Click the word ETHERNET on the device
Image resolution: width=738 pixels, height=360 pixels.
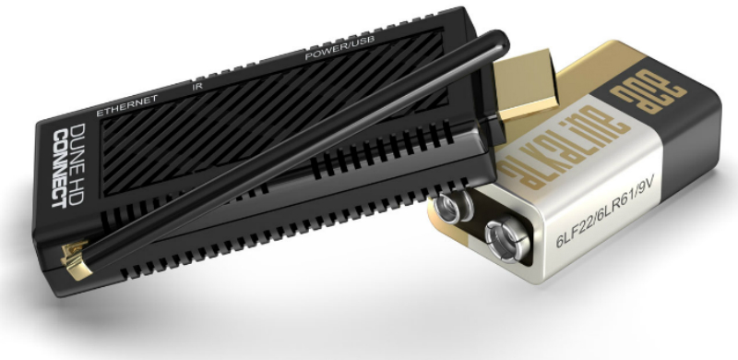pyautogui.click(x=126, y=106)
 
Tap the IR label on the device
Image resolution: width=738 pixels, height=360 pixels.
pyautogui.click(x=197, y=86)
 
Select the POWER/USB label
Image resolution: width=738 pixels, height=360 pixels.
pyautogui.click(x=339, y=48)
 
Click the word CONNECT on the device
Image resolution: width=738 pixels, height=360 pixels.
pyautogui.click(x=59, y=169)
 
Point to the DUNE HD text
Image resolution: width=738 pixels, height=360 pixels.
pyautogui.click(x=77, y=163)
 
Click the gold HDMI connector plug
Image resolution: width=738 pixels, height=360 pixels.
pyautogui.click(x=524, y=85)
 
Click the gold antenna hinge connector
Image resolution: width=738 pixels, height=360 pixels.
pyautogui.click(x=76, y=259)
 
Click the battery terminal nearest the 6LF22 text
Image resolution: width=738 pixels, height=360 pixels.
pyautogui.click(x=506, y=239)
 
